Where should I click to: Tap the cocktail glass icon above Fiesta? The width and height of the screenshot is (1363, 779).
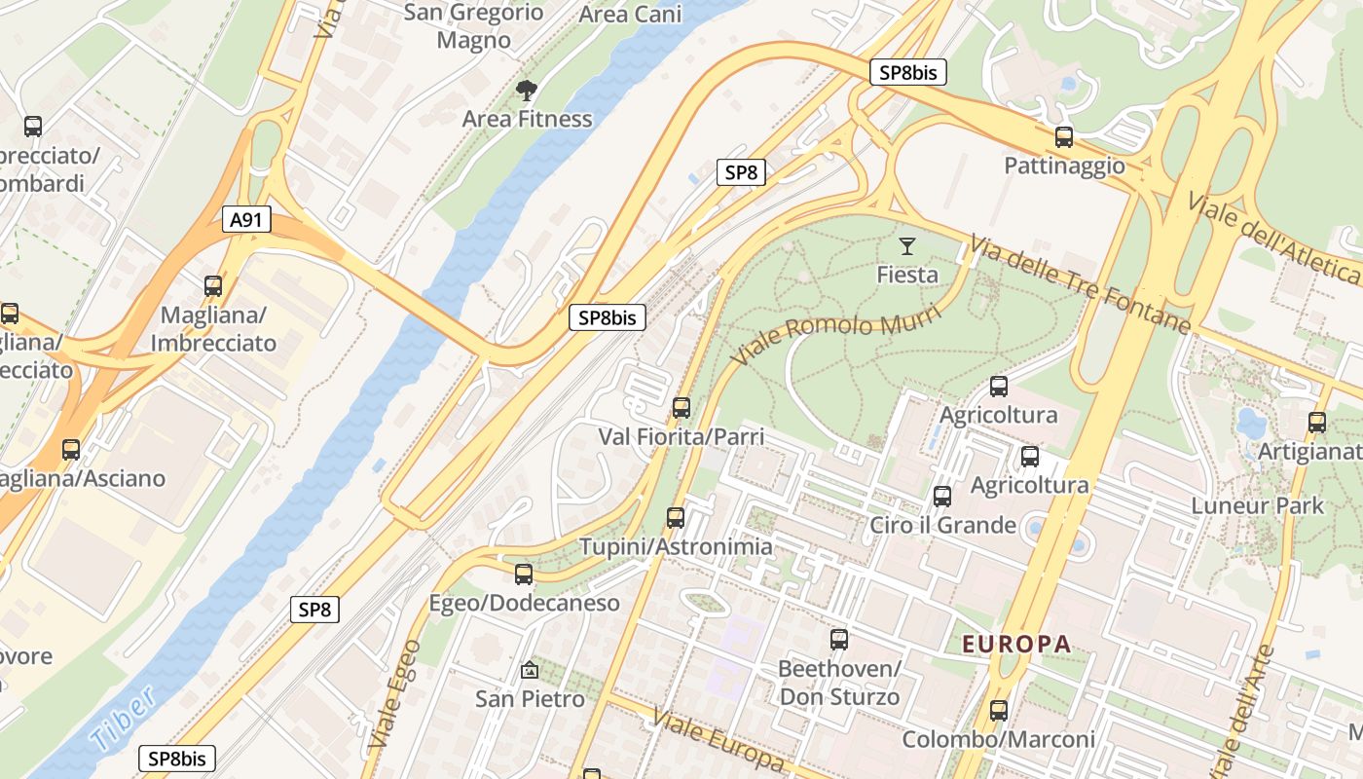907,246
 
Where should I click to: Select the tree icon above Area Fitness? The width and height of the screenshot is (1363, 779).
527,92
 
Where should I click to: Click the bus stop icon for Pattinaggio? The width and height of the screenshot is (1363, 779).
1064,137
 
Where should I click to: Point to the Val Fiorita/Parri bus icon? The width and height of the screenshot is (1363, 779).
681,408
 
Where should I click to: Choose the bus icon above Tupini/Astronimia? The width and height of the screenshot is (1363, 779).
676,518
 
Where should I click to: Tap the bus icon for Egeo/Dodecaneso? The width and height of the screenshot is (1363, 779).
524,575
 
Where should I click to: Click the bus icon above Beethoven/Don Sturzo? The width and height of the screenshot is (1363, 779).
839,640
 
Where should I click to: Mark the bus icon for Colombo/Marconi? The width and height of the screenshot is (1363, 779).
998,711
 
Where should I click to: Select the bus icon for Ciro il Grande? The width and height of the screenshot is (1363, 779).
942,497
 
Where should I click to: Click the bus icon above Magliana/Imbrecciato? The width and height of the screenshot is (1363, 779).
213,286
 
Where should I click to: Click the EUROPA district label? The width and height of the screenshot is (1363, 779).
1016,644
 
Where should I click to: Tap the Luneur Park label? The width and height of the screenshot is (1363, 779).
1258,505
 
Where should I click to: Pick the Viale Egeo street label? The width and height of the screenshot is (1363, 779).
395,693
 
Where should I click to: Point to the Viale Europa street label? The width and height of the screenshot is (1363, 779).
718,741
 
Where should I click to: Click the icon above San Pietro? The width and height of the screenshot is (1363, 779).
530,670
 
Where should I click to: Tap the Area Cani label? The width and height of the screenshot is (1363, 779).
630,15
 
